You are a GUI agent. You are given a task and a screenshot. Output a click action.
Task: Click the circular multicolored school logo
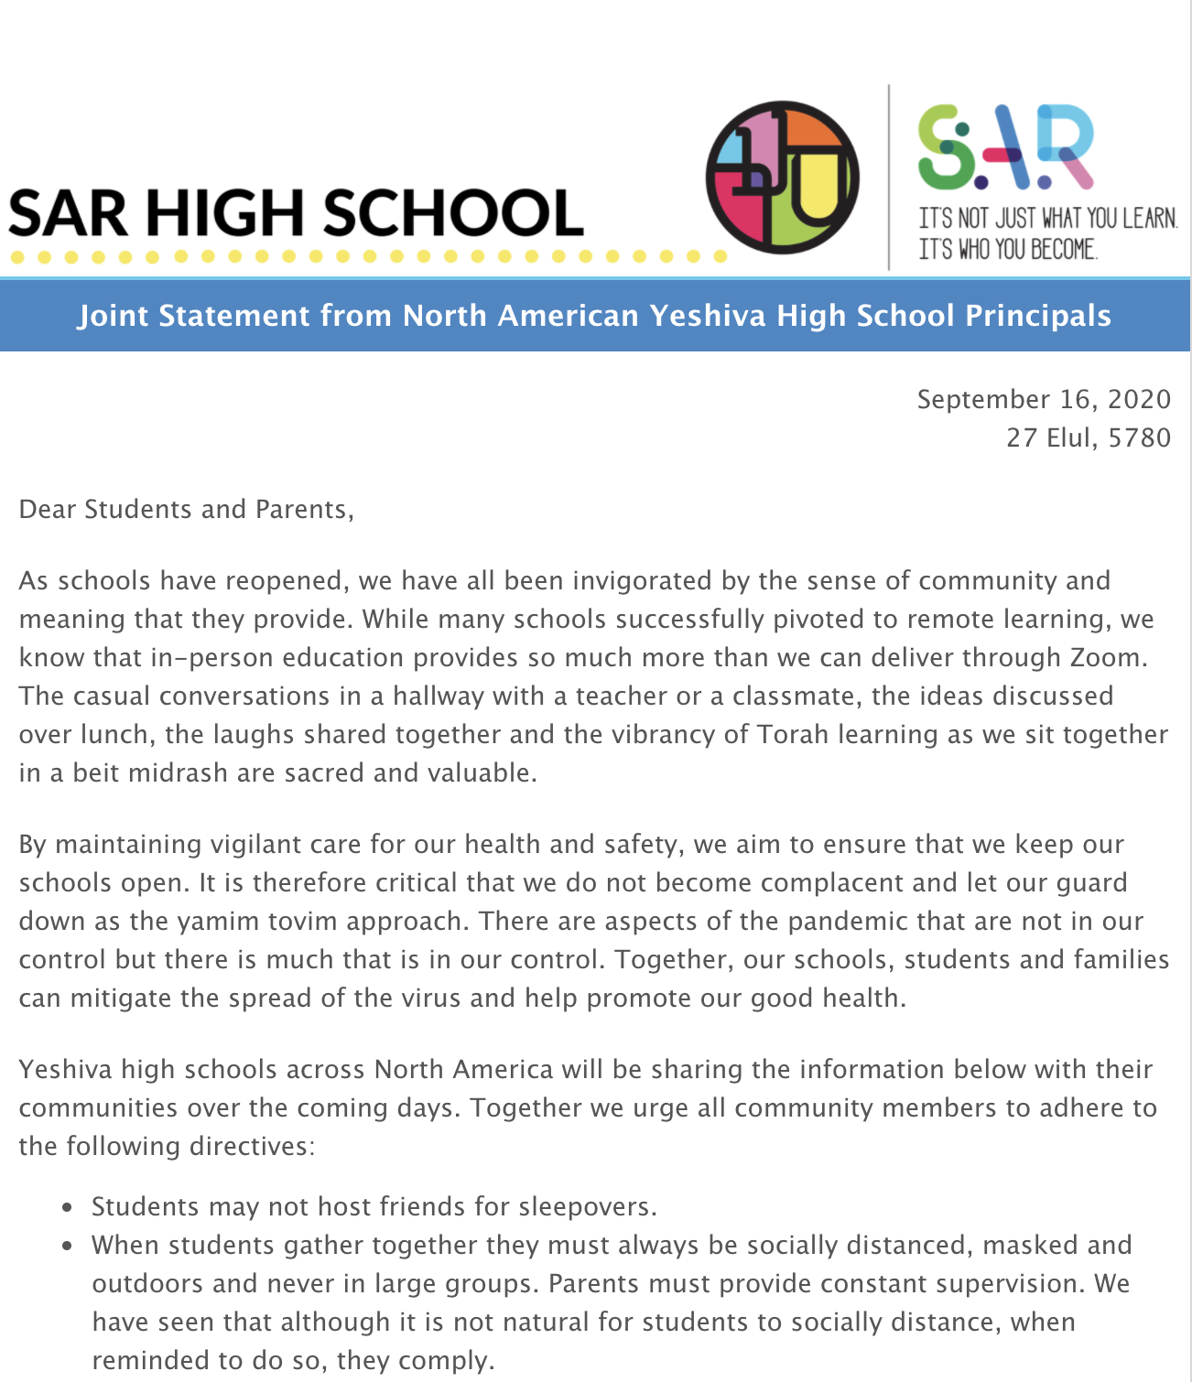[x=782, y=178]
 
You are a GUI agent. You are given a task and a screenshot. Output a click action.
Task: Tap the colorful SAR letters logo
[x=1005, y=146]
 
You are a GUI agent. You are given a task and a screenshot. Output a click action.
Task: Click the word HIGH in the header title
[x=224, y=213]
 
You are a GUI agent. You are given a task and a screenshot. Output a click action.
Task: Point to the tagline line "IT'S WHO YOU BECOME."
[x=1007, y=249]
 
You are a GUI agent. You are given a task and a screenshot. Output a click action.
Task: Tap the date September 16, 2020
[x=1044, y=399]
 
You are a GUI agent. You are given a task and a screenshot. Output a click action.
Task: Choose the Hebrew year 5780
[x=1139, y=437]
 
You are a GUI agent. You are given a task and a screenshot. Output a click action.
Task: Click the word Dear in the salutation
[x=48, y=509]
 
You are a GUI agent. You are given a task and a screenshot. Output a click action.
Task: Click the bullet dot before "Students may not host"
[x=67, y=1207]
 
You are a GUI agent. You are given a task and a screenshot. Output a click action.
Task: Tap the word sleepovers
[x=587, y=1207]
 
